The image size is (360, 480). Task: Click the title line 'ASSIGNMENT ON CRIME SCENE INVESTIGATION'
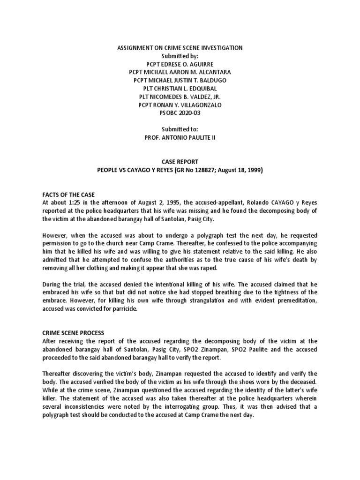click(180, 48)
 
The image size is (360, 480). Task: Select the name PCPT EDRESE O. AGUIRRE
click(180, 64)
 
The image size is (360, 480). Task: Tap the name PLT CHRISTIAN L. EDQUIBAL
click(180, 88)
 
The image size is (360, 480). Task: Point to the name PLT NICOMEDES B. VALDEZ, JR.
click(180, 97)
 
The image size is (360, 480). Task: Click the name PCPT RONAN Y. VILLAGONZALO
click(180, 105)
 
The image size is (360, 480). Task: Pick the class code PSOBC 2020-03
click(180, 112)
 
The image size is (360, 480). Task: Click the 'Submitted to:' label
click(180, 129)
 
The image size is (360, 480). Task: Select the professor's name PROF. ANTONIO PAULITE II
click(180, 137)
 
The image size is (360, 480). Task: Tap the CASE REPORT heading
click(180, 161)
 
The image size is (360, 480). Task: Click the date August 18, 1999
click(240, 170)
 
